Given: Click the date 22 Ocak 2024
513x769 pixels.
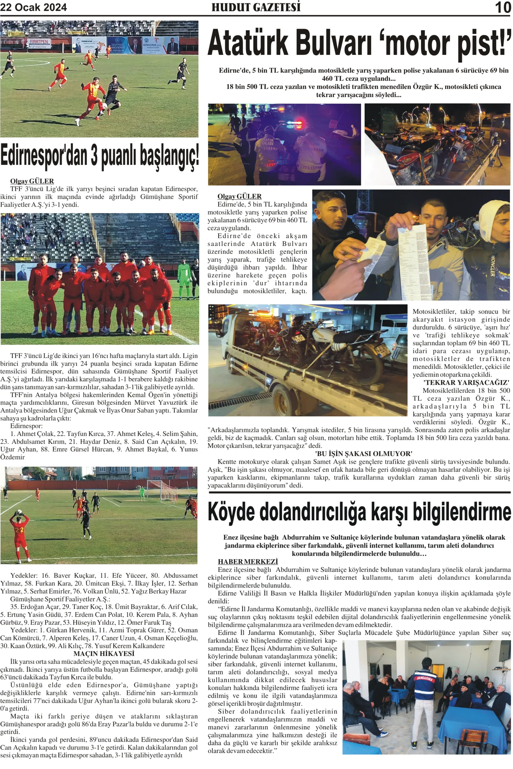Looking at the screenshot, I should pyautogui.click(x=33, y=7).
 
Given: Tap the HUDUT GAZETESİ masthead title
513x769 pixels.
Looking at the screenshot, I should pyautogui.click(x=256, y=7).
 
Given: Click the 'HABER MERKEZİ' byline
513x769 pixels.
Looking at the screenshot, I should pyautogui.click(x=248, y=561).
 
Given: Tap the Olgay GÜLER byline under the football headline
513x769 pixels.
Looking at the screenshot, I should pyautogui.click(x=32, y=181).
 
